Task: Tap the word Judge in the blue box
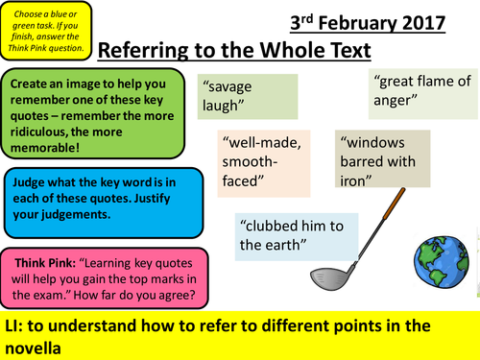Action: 33,180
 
